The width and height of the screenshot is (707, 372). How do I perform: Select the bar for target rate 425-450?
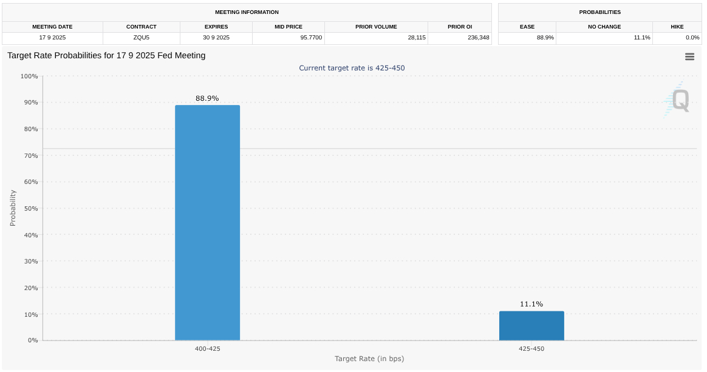(531, 326)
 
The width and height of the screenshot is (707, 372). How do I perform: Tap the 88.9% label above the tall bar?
(207, 98)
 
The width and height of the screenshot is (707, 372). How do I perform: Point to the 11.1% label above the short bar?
(531, 304)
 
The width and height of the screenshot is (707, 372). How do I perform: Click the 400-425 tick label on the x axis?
(207, 349)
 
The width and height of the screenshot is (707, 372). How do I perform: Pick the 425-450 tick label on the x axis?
(531, 349)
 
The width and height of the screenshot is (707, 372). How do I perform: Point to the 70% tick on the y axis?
(29, 156)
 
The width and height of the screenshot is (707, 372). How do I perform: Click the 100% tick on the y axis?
(29, 76)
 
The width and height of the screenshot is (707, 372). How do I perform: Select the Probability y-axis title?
(13, 208)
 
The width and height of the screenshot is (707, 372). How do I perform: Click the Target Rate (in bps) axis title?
(369, 359)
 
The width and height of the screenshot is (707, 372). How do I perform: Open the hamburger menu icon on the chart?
(689, 56)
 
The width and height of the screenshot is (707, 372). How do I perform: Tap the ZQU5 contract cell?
(141, 38)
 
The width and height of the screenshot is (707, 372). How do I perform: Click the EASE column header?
(527, 27)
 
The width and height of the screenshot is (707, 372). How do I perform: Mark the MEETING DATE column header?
(52, 27)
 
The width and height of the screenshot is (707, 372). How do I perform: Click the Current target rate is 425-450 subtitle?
(352, 68)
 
